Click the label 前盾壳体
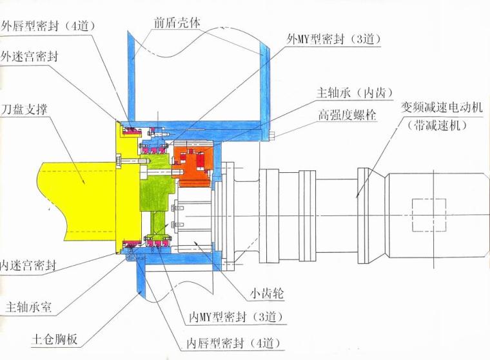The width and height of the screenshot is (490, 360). pos(177,21)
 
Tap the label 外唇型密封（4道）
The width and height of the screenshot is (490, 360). pos(48,26)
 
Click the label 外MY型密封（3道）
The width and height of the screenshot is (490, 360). pos(334,39)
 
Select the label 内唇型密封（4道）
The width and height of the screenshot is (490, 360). pos(237,342)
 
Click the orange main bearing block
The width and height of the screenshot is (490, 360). pos(193,161)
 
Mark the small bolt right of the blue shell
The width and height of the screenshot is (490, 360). pos(273,135)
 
